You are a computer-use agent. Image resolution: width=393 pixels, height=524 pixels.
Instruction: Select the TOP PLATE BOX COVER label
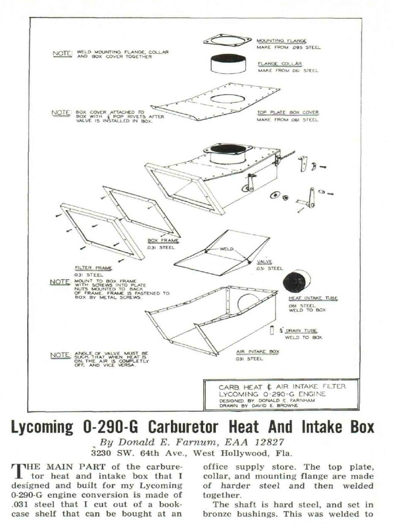(x=288, y=112)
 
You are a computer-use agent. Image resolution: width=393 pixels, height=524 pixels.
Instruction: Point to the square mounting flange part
(x=227, y=40)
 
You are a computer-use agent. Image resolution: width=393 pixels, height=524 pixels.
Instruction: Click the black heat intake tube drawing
(x=297, y=281)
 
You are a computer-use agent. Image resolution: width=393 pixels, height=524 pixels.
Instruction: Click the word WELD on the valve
(x=226, y=249)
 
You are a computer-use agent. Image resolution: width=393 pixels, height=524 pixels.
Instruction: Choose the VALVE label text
(x=264, y=261)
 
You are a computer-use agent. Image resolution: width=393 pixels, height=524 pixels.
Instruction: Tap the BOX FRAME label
(x=163, y=240)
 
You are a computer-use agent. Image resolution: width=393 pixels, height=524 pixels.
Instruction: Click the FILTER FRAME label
(x=90, y=268)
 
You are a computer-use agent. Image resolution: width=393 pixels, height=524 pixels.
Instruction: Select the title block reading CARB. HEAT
(x=281, y=394)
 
